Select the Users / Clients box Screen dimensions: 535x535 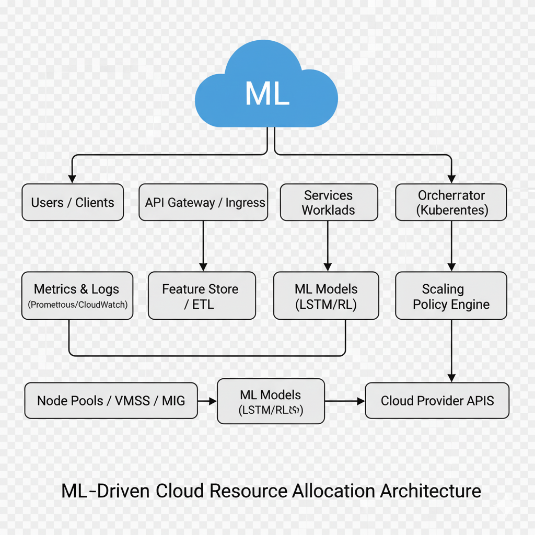click(73, 202)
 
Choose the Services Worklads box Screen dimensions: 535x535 click(328, 202)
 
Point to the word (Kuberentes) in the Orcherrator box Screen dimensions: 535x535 click(452, 211)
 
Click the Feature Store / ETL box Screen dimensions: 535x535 click(202, 296)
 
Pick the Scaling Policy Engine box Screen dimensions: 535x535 click(451, 296)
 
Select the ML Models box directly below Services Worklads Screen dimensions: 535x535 click(326, 296)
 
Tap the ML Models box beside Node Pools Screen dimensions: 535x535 click(271, 401)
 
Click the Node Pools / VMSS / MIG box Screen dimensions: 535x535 click(111, 401)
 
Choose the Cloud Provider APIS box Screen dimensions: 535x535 click(437, 401)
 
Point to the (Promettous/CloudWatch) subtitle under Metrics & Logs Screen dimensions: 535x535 click(77, 304)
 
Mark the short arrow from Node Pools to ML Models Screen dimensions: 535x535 click(207, 401)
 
